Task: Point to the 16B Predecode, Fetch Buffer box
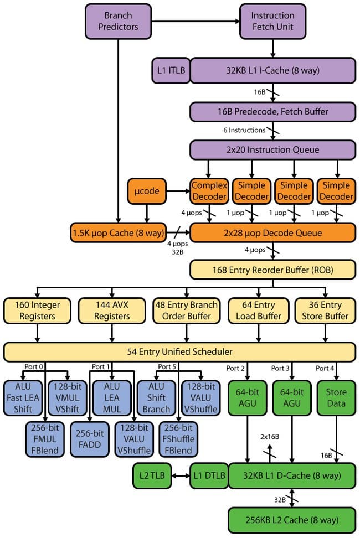[272, 112]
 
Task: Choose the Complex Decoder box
[209, 192]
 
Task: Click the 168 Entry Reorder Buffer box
[272, 270]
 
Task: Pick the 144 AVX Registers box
[112, 311]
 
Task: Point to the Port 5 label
[167, 367]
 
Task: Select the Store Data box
[336, 397]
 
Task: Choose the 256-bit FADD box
[90, 439]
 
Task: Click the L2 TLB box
[151, 475]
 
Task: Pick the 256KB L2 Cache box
[291, 520]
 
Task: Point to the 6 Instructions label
[244, 131]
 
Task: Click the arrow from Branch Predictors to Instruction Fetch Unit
[195, 22]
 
